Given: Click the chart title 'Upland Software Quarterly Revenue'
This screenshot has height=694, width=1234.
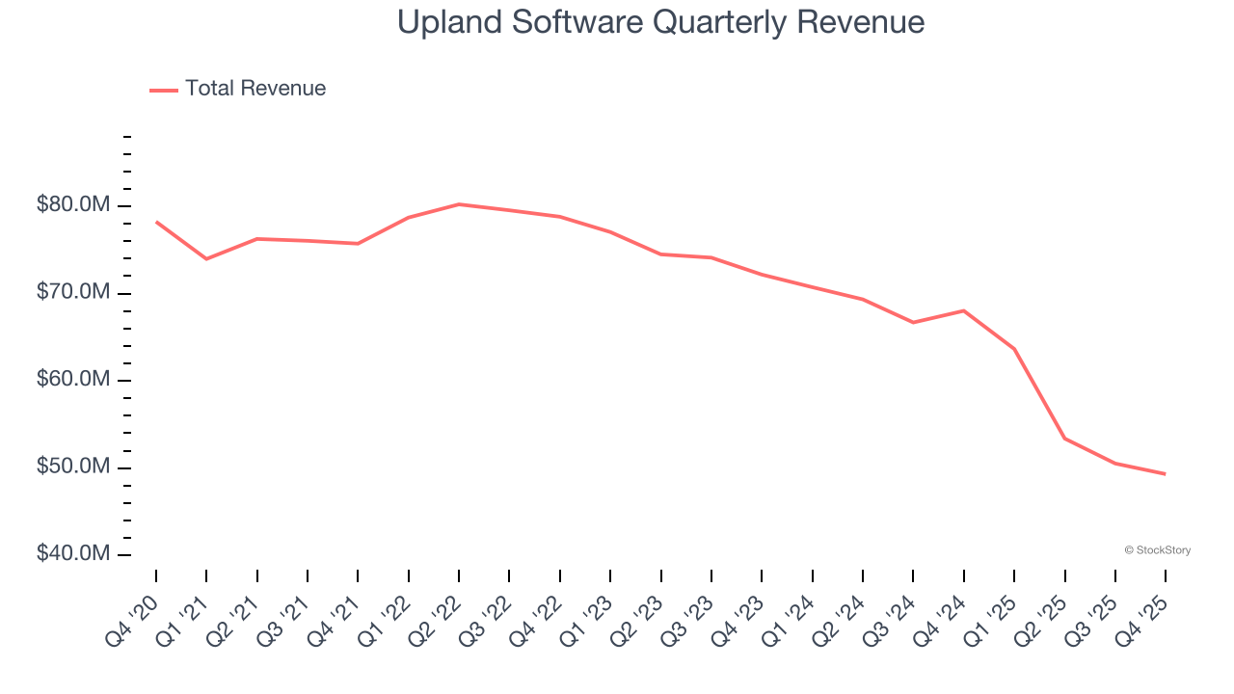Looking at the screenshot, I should coord(660,22).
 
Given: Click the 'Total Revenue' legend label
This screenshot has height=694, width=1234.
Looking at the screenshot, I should coord(255,89).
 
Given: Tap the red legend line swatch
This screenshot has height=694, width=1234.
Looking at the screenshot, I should coord(164,90).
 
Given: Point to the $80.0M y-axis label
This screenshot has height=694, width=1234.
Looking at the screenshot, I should coord(73,205).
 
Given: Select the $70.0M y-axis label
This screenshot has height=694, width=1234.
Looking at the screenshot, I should coord(73,292).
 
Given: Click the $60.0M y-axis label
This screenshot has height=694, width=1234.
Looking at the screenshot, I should coord(73,380).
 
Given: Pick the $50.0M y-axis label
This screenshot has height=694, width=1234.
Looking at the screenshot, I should coord(73,467).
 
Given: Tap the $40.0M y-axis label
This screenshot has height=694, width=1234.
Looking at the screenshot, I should coord(73,554).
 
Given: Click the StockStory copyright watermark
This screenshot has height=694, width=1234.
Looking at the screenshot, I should coord(1157,550).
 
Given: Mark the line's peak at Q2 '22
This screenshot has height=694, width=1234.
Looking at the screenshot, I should coord(459,204).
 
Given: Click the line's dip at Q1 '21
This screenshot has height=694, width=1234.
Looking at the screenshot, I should coord(206,258).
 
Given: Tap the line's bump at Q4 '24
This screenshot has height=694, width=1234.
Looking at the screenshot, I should coord(964,310).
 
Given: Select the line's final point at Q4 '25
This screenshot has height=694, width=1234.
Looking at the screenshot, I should coord(1166,473).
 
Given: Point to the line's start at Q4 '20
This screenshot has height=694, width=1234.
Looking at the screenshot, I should coord(156,222).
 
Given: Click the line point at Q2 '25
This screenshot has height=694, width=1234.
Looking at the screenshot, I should coord(1064,439).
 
